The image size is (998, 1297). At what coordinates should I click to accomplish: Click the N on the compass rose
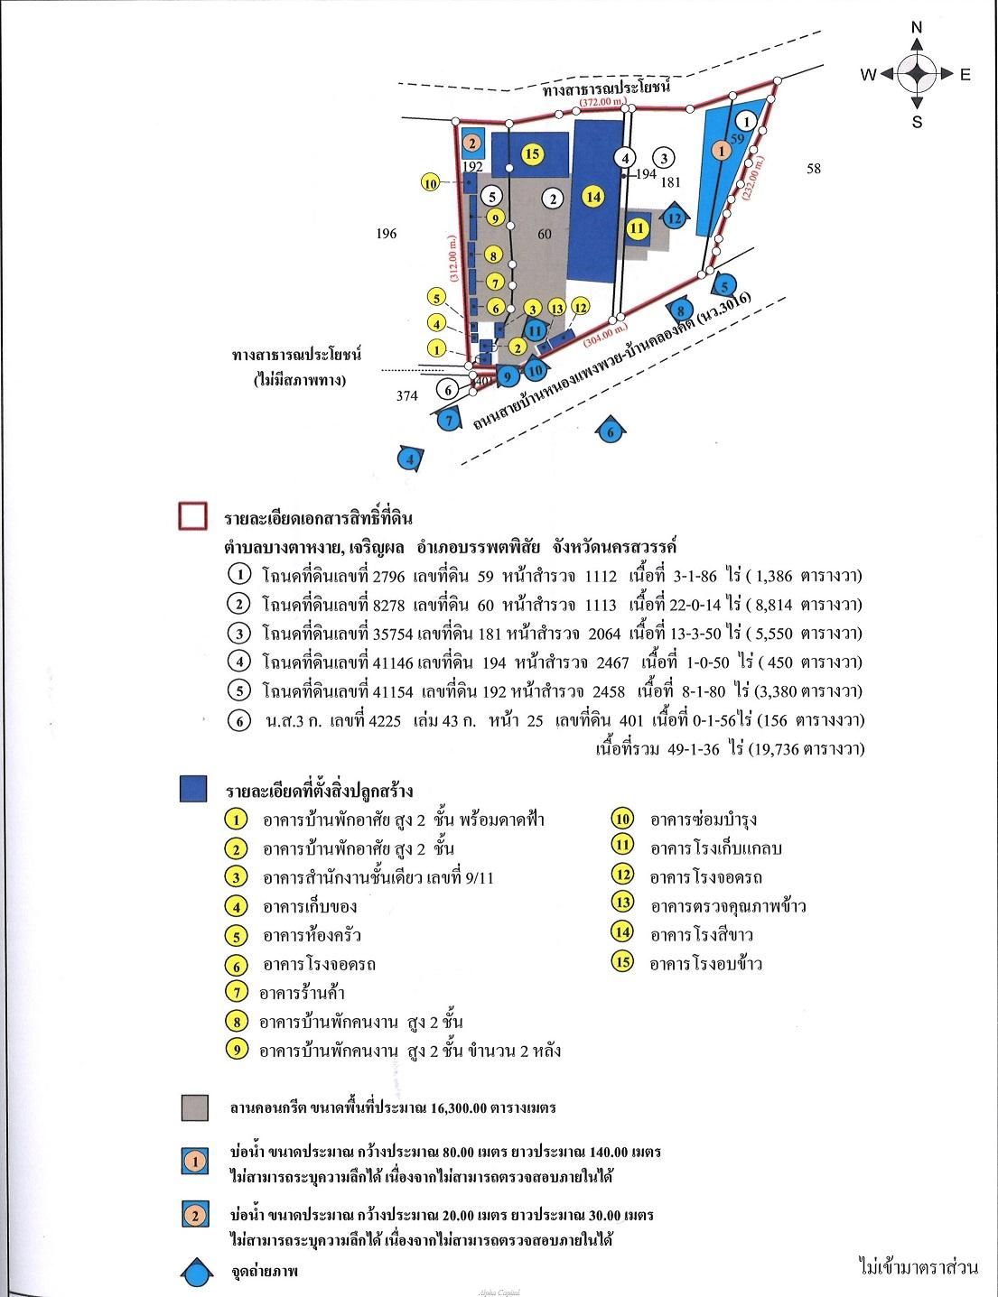point(917,28)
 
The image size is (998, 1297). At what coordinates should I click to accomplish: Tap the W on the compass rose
point(868,76)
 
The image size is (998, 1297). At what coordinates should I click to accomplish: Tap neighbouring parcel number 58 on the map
point(814,168)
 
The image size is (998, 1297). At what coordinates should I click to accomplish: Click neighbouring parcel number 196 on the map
point(386,235)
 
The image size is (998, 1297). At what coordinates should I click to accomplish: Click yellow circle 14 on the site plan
point(592,197)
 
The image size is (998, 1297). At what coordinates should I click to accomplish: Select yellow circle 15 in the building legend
point(622,962)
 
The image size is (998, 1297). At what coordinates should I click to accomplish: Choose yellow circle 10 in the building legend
point(622,820)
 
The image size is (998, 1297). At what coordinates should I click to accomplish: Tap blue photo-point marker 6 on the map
point(611,432)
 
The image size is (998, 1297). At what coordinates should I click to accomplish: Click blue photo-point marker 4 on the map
point(412,459)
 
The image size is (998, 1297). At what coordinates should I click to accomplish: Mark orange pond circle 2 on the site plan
point(470,143)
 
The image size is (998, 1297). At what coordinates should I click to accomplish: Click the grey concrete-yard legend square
point(194,1107)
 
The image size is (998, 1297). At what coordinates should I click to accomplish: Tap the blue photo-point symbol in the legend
point(194,1273)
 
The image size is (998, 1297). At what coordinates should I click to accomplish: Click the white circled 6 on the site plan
point(447,389)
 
